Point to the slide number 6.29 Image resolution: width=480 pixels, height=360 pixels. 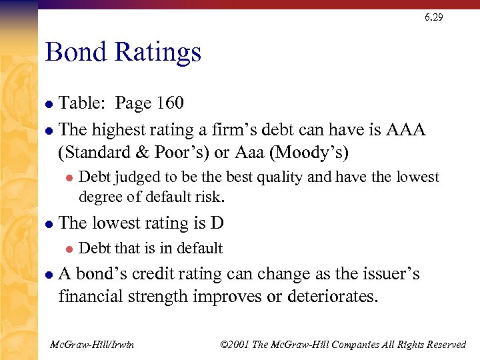coord(433,17)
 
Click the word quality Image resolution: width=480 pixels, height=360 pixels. coord(281,177)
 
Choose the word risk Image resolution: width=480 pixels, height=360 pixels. coord(209,197)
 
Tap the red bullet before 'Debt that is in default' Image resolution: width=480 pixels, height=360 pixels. coord(67,249)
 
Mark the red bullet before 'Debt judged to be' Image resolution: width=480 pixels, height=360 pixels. coord(67,178)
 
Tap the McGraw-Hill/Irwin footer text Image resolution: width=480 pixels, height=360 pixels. coord(92,344)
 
